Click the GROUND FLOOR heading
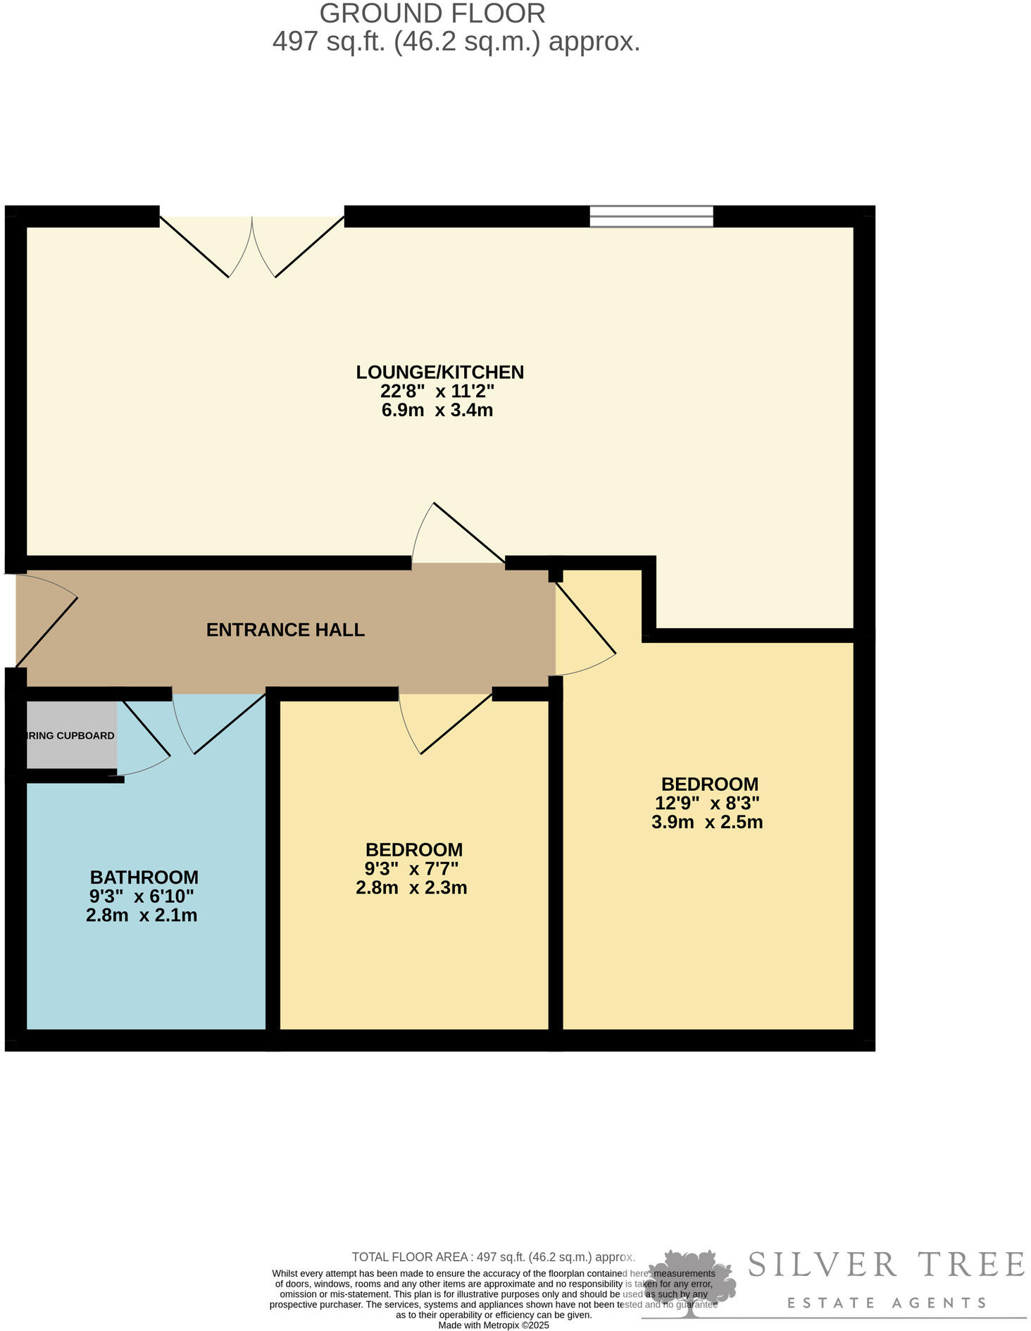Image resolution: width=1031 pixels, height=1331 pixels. click(432, 13)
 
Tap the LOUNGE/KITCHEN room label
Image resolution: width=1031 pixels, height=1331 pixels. click(439, 372)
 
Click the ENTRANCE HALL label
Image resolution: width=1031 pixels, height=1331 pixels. click(285, 630)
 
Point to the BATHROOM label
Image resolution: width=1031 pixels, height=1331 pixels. click(144, 877)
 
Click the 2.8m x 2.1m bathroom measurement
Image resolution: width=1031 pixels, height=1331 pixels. click(141, 916)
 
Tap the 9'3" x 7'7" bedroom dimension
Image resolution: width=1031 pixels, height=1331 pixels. click(411, 868)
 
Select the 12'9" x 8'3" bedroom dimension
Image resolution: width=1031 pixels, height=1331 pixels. click(707, 803)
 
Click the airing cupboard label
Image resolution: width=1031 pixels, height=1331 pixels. click(70, 736)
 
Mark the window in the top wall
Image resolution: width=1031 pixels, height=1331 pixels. click(651, 216)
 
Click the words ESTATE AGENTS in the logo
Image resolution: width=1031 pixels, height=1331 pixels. click(886, 1303)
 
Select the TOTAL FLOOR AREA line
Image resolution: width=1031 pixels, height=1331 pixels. click(493, 1257)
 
